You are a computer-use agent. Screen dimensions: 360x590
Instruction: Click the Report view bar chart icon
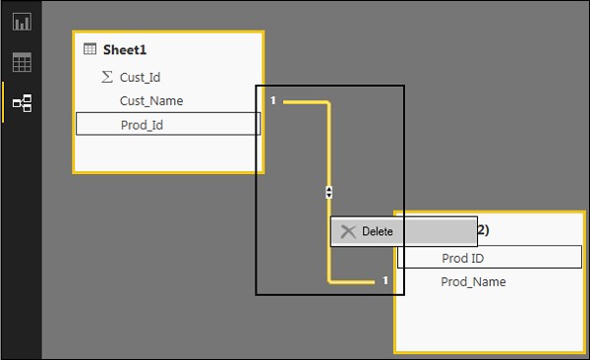click(22, 22)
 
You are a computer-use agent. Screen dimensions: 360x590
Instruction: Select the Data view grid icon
click(22, 63)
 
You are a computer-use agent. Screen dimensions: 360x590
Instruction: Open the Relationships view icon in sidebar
click(22, 102)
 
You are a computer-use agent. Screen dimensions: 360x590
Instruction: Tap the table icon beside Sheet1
click(90, 50)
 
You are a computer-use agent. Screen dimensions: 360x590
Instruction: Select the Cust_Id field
click(141, 77)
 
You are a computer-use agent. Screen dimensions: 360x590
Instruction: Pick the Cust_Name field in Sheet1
click(150, 100)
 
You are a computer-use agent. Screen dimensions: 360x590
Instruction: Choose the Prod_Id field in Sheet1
click(143, 125)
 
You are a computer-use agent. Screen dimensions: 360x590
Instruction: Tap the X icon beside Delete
click(347, 232)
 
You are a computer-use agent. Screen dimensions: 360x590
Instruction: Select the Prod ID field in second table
click(462, 258)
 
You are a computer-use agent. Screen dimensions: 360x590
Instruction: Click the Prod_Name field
click(473, 282)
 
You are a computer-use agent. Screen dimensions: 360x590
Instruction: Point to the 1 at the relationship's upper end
click(273, 100)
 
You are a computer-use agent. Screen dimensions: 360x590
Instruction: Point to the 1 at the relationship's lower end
click(385, 281)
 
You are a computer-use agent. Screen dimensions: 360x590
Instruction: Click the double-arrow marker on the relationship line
click(328, 193)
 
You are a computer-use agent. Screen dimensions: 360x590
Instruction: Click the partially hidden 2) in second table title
click(482, 231)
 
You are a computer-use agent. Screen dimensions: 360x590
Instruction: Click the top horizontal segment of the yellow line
click(305, 101)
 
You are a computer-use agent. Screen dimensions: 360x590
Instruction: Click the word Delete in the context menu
click(377, 232)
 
